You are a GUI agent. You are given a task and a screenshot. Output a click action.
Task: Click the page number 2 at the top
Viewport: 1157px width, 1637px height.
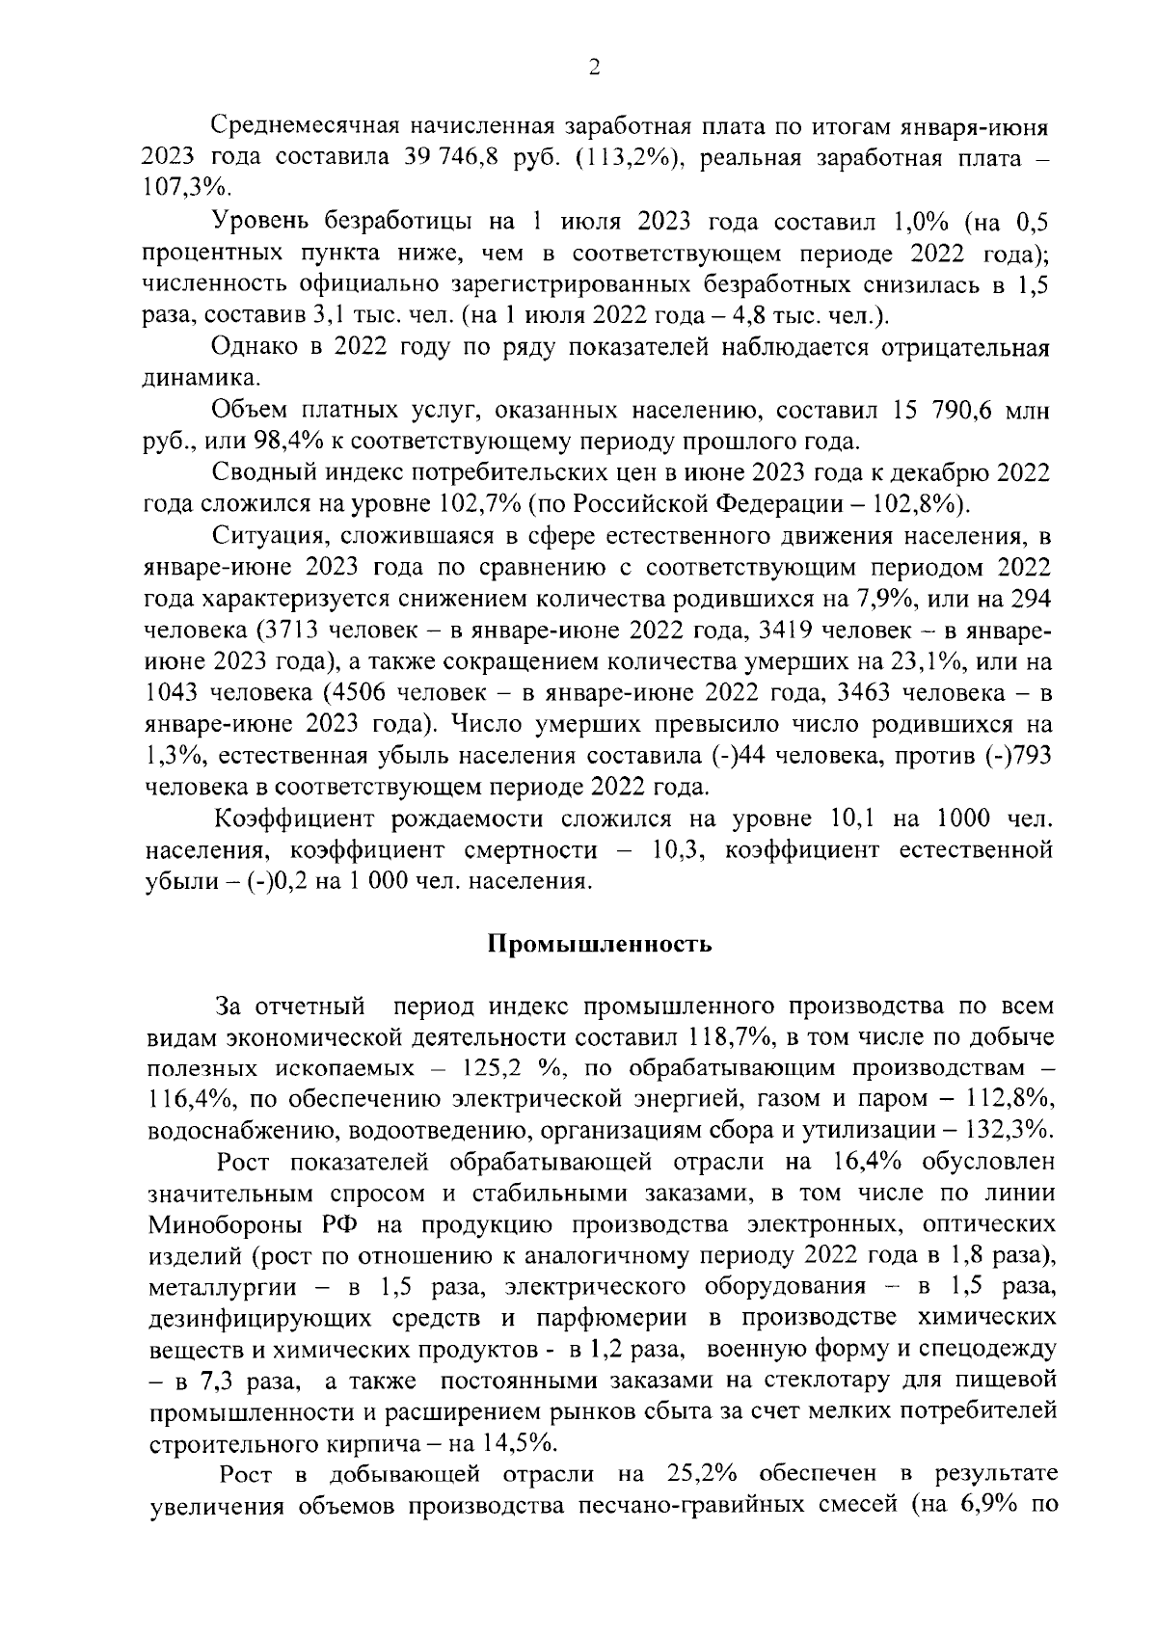point(594,67)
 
